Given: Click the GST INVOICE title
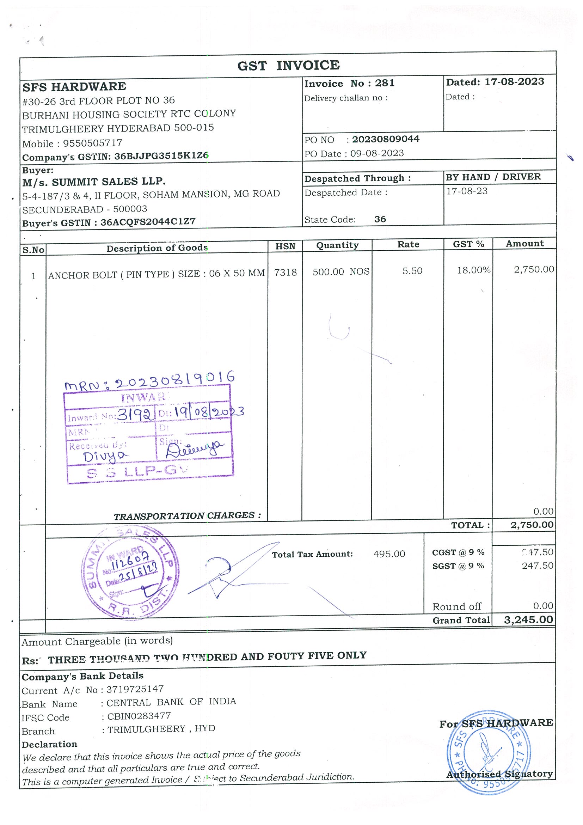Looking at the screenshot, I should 288,65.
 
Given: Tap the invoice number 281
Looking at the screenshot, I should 385,83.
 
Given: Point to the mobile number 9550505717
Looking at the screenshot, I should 93,143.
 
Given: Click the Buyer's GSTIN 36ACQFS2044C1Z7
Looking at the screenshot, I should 148,222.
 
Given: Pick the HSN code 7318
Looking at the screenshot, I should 285,273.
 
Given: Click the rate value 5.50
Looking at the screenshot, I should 412,271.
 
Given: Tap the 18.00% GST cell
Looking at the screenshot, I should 473,270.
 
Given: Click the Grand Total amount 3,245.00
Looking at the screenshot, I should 528,619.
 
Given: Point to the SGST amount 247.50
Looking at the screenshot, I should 538,566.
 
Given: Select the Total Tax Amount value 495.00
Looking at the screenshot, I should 389,554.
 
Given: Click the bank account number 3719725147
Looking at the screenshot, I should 135,689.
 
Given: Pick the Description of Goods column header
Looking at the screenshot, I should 157,248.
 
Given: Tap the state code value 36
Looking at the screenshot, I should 380,219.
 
